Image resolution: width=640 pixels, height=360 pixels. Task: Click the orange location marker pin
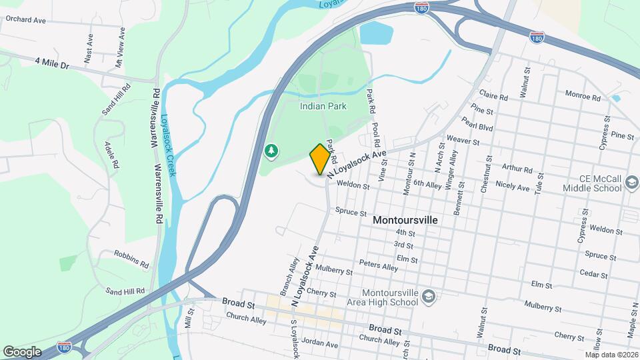click(x=320, y=159)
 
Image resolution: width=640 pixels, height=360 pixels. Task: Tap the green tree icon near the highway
click(x=271, y=152)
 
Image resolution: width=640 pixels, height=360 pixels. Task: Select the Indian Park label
click(x=323, y=106)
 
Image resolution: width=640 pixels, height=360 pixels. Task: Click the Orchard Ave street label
click(x=25, y=20)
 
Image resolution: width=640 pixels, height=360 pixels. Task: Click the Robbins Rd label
click(x=131, y=259)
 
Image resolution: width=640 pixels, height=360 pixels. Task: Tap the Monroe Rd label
click(x=583, y=95)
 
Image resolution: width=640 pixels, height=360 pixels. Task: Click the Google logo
click(x=22, y=351)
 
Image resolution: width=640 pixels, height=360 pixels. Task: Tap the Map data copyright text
click(x=611, y=355)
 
